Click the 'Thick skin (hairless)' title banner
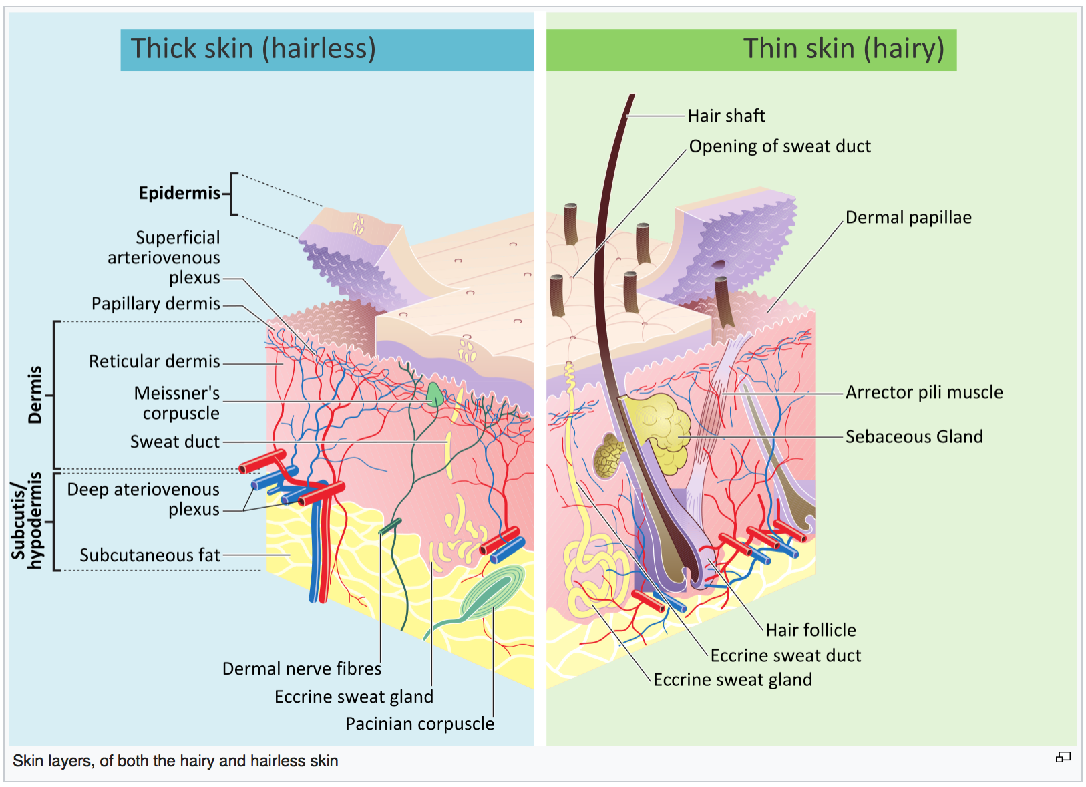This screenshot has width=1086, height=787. pyautogui.click(x=327, y=50)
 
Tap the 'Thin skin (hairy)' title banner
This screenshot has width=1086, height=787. pyautogui.click(x=751, y=50)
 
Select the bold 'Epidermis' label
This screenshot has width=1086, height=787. pyautogui.click(x=180, y=193)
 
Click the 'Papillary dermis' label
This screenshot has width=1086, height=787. pyautogui.click(x=156, y=303)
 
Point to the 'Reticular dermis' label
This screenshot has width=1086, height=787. pyautogui.click(x=154, y=361)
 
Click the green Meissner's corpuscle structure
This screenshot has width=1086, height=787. pyautogui.click(x=435, y=395)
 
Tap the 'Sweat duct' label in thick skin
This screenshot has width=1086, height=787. pyautogui.click(x=174, y=442)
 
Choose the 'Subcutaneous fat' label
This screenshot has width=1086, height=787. pyautogui.click(x=150, y=555)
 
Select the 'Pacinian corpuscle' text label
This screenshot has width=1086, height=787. pyautogui.click(x=420, y=724)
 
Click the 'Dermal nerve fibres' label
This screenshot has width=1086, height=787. pyautogui.click(x=302, y=669)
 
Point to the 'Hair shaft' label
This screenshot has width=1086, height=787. pyautogui.click(x=726, y=116)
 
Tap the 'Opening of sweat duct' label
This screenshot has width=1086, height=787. pyautogui.click(x=779, y=146)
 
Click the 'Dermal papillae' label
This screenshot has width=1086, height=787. pyautogui.click(x=908, y=218)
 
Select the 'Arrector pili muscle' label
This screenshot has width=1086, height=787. pyautogui.click(x=924, y=392)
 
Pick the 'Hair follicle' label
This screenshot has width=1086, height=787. pyautogui.click(x=811, y=631)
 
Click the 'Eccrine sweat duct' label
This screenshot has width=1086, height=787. pyautogui.click(x=785, y=656)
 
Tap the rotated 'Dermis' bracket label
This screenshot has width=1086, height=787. pyautogui.click(x=35, y=396)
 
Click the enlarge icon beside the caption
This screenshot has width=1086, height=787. pyautogui.click(x=1063, y=758)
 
